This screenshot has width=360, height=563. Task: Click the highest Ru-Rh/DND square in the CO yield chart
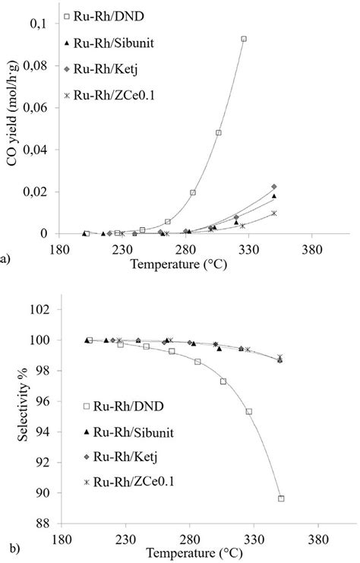tap(244, 39)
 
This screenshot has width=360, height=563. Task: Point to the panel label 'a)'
tap(6, 259)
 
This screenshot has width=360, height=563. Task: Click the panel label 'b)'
tap(7, 546)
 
